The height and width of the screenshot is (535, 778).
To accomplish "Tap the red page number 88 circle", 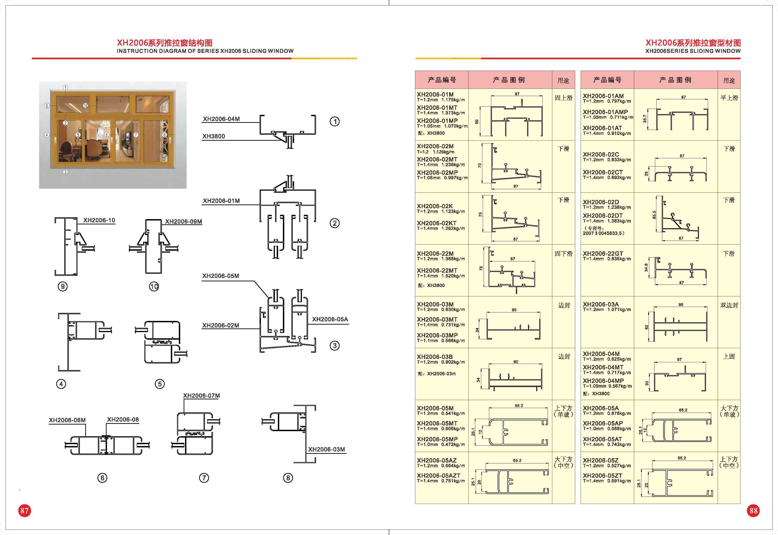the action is tap(754, 511).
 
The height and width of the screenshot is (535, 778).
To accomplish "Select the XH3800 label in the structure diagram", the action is tap(213, 136).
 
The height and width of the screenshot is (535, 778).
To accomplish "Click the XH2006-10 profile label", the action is tap(99, 220).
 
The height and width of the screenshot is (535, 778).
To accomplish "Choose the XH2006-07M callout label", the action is tap(201, 395).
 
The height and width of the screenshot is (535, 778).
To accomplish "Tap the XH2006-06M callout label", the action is tap(67, 420).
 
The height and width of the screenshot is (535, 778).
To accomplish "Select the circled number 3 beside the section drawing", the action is tap(334, 346).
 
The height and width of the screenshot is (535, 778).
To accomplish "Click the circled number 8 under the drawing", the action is tap(288, 478).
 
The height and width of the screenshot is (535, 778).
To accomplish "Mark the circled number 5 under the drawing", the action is tap(159, 384).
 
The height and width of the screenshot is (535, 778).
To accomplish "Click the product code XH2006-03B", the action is tap(435, 357).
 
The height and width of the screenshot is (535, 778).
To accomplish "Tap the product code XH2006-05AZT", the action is tap(439, 475).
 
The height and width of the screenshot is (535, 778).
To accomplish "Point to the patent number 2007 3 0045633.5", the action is tap(604, 233).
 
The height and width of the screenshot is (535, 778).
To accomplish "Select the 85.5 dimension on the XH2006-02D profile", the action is tap(654, 215).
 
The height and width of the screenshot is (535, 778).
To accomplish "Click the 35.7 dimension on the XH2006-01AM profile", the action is tap(645, 119).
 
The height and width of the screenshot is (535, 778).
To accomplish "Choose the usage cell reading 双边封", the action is tap(729, 305).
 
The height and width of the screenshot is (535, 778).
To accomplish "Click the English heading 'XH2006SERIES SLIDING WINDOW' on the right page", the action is tap(693, 51).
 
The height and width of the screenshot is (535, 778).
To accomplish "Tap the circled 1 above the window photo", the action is tap(65, 88).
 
